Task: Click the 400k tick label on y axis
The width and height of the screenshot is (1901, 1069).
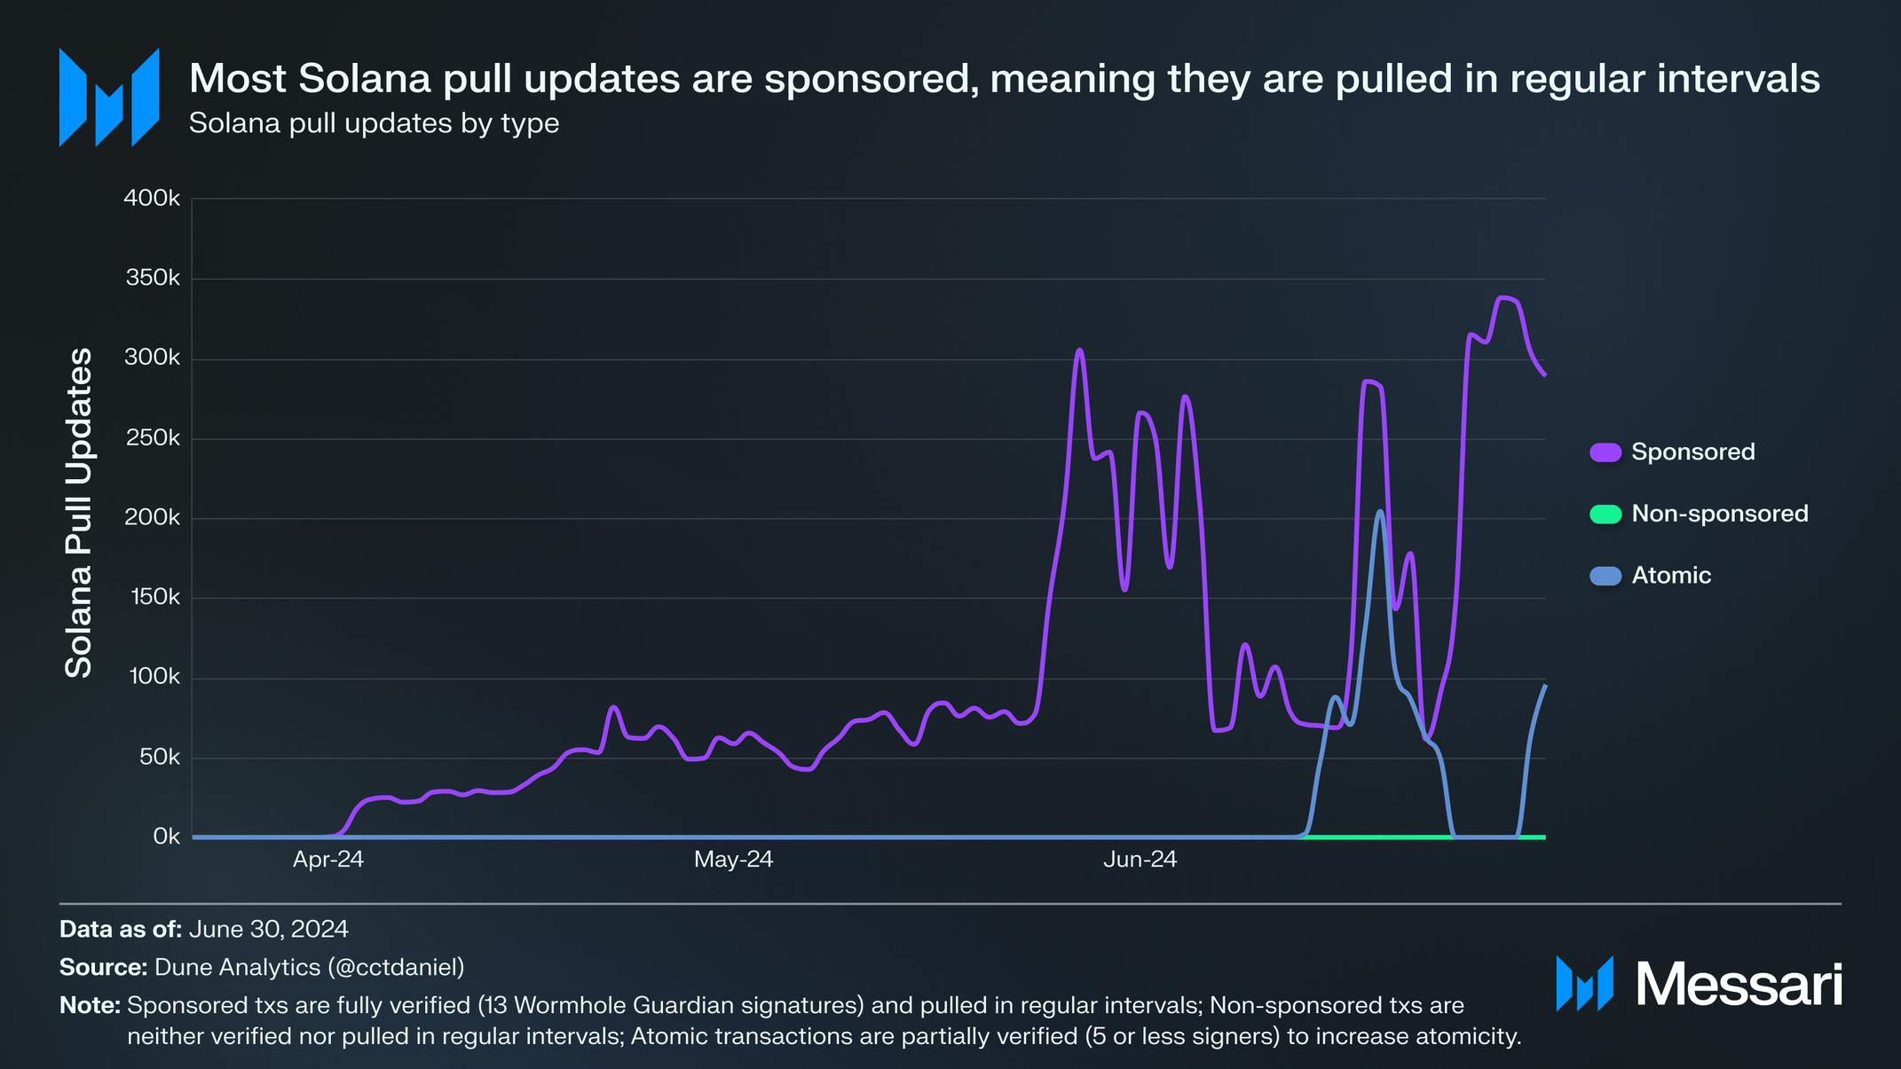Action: coord(152,198)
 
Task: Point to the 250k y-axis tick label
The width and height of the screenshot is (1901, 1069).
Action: coord(152,438)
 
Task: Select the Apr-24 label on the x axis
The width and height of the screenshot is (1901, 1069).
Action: coord(328,859)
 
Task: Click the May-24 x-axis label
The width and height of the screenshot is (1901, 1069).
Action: coord(733,859)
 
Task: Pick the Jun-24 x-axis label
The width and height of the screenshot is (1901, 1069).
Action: coord(1140,859)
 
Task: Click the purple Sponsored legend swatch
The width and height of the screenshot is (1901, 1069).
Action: coord(1605,452)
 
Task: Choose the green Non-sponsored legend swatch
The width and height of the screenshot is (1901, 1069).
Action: coord(1605,514)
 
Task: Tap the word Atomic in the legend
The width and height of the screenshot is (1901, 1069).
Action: coord(1671,576)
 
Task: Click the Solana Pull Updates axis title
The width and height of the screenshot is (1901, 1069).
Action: coord(80,513)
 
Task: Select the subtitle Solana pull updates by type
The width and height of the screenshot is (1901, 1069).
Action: coord(374,123)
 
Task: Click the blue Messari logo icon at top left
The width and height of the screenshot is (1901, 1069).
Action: coord(108,97)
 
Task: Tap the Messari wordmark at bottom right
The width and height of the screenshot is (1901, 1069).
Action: coord(1739,984)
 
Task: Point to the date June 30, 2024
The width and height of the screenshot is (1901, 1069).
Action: coord(268,929)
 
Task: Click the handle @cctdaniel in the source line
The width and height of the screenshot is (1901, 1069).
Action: coord(396,967)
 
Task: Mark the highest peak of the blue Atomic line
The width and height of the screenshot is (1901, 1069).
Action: coord(1380,511)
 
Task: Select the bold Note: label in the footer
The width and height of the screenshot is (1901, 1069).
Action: coord(90,1005)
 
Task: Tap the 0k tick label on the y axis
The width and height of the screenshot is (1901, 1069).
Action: coord(166,837)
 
